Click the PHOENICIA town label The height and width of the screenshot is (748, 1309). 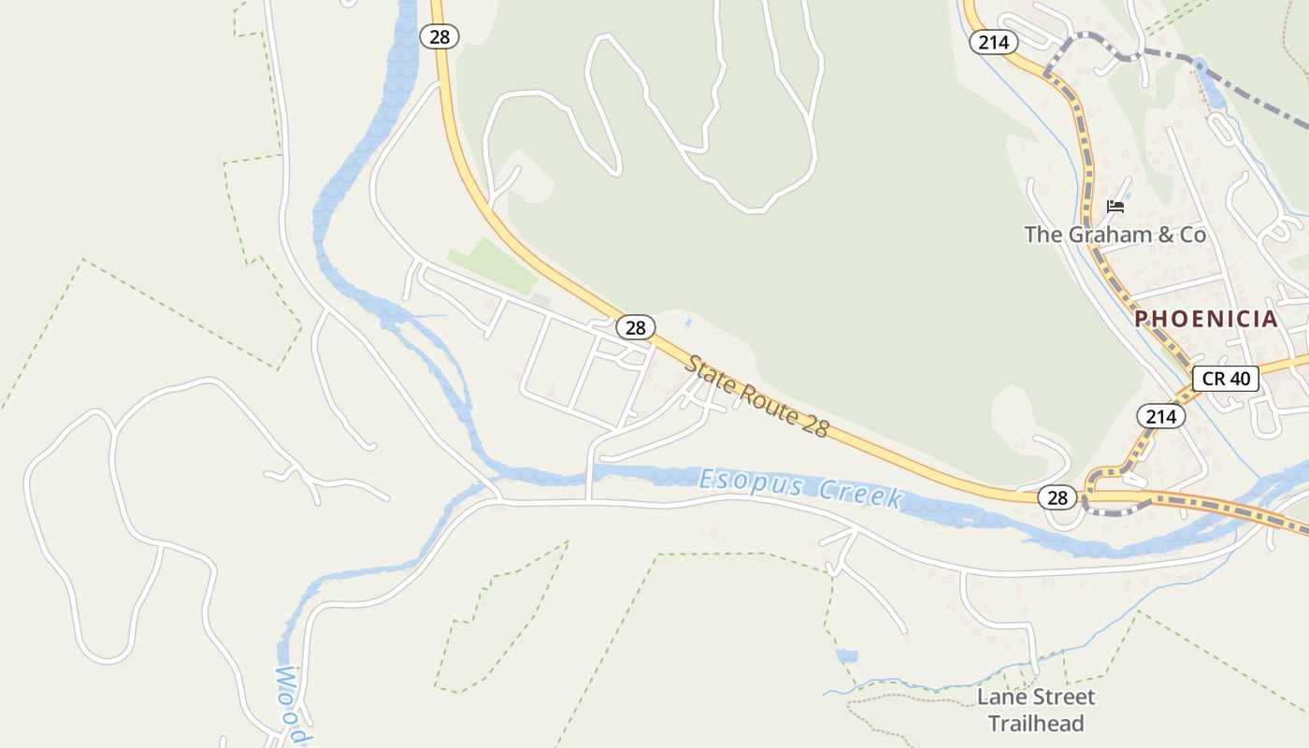[1206, 319]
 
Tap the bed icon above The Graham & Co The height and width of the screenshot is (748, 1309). [1115, 207]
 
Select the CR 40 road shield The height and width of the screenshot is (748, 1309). [1226, 379]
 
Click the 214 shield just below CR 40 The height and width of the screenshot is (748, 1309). [1160, 416]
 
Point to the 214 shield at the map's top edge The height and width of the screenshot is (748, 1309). [993, 41]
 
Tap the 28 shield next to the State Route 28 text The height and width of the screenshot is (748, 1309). [636, 327]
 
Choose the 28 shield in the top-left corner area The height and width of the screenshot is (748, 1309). [439, 36]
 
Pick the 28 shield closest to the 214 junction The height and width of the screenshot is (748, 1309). [1057, 497]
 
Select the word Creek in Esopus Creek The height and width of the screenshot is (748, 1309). [861, 494]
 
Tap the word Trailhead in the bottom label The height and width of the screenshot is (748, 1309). [1036, 724]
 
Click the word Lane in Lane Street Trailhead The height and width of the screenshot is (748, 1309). [999, 697]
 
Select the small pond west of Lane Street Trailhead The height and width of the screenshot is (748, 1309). [847, 655]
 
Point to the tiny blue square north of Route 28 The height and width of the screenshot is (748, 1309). [689, 324]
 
